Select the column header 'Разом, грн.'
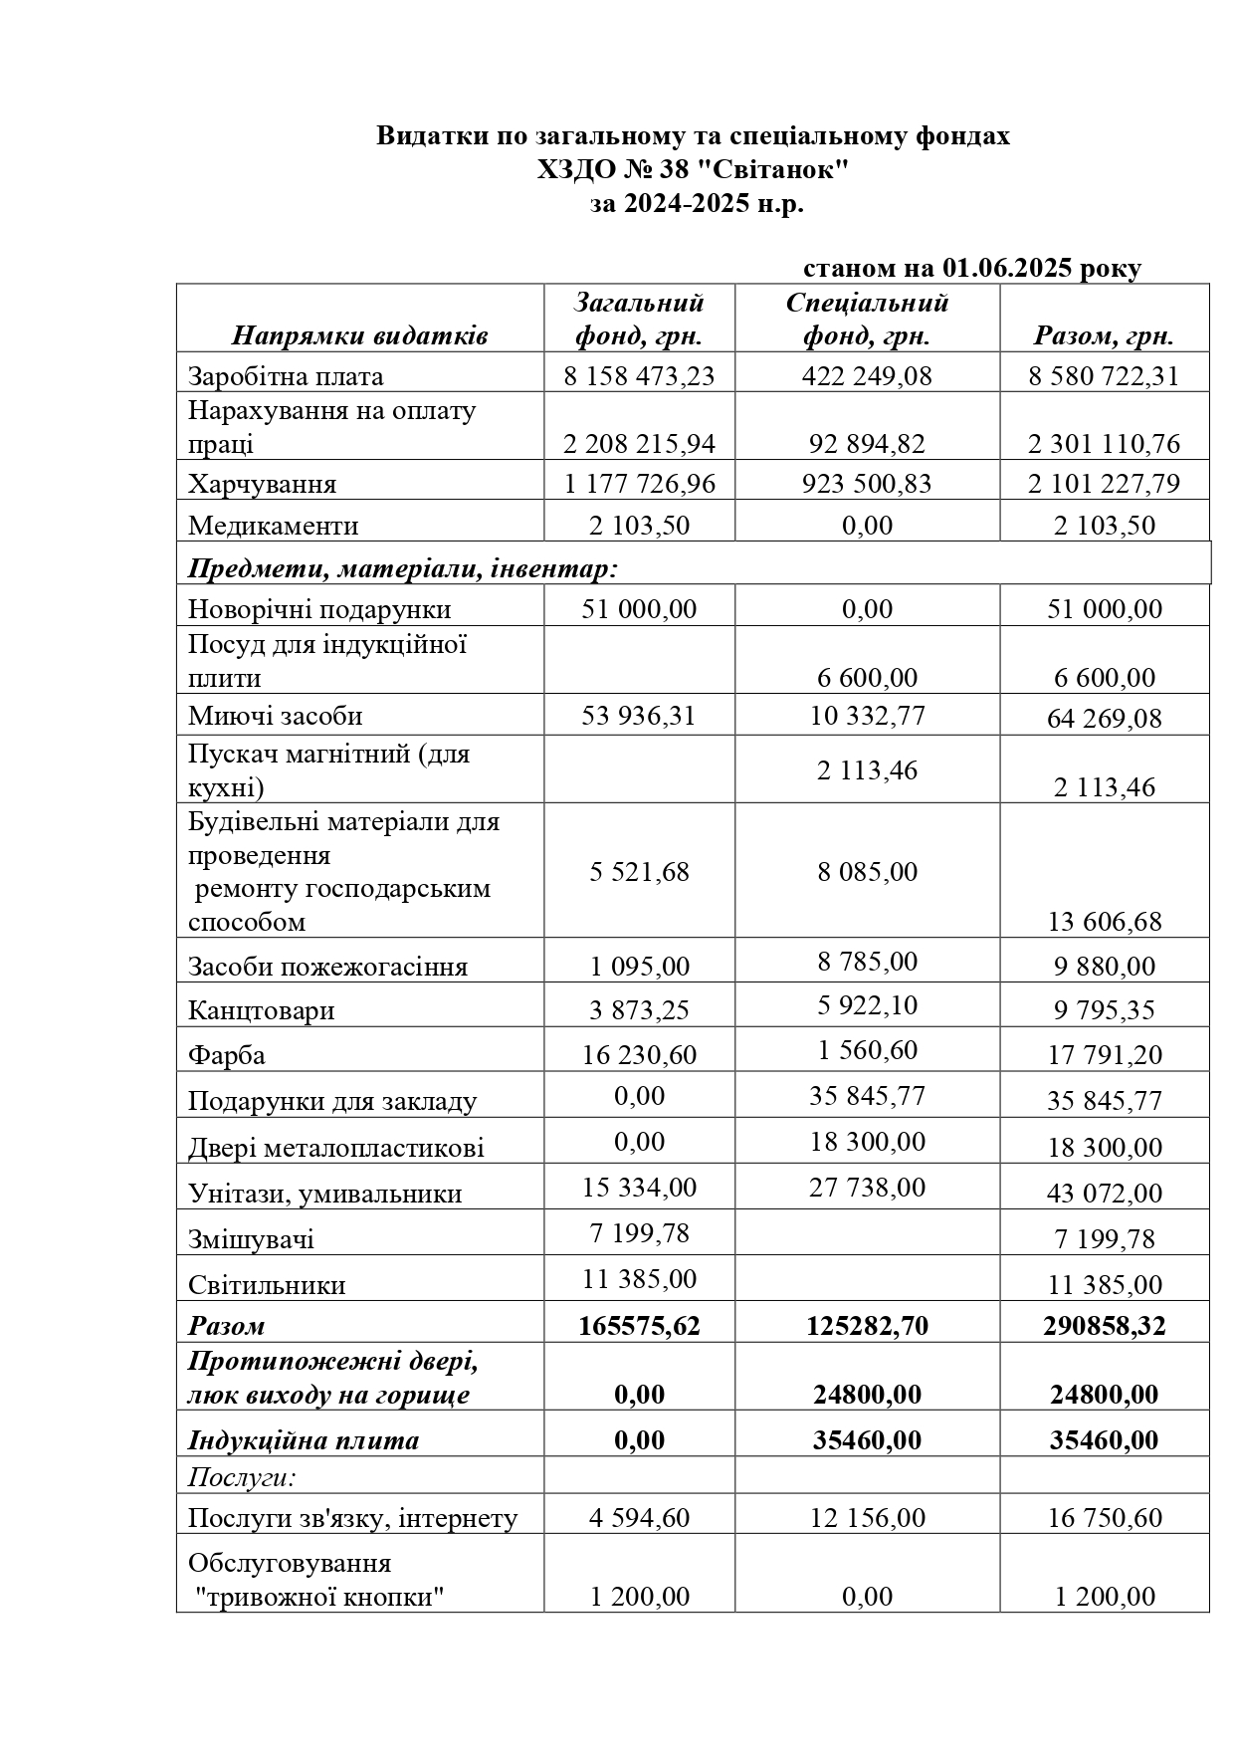(1104, 335)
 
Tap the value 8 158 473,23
(639, 376)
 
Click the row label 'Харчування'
(262, 485)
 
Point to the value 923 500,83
(867, 484)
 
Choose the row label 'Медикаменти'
(273, 526)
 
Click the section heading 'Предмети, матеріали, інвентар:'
(403, 568)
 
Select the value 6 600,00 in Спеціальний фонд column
(867, 678)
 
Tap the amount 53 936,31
(639, 716)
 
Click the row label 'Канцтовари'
(261, 1010)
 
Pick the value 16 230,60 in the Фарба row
(639, 1054)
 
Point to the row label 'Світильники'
(267, 1285)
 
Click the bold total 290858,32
(1104, 1326)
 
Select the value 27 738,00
(867, 1187)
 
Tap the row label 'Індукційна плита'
(304, 1440)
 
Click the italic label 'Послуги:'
(243, 1476)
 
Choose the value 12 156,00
(867, 1518)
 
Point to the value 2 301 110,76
(1104, 443)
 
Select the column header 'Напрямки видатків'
(359, 335)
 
